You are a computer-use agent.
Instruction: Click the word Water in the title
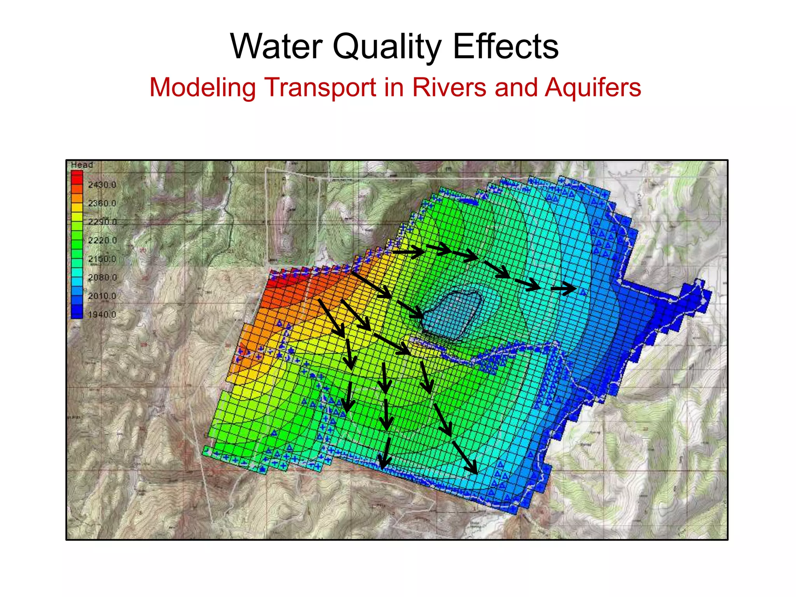276,47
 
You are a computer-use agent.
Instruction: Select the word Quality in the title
387,47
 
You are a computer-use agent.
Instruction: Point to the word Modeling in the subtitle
202,87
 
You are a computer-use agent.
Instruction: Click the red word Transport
320,87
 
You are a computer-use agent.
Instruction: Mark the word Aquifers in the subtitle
593,88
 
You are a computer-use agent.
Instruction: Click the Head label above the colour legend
82,165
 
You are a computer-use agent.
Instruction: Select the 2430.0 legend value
102,185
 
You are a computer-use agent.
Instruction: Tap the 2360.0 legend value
102,203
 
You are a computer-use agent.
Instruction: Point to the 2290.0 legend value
102,222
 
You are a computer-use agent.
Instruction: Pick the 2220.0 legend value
102,240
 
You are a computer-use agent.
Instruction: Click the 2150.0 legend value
102,259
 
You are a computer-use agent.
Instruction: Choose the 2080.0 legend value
102,278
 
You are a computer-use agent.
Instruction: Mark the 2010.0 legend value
102,296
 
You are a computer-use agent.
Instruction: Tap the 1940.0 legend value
102,314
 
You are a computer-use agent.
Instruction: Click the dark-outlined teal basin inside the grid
451,315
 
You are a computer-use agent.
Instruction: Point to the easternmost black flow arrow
564,289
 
